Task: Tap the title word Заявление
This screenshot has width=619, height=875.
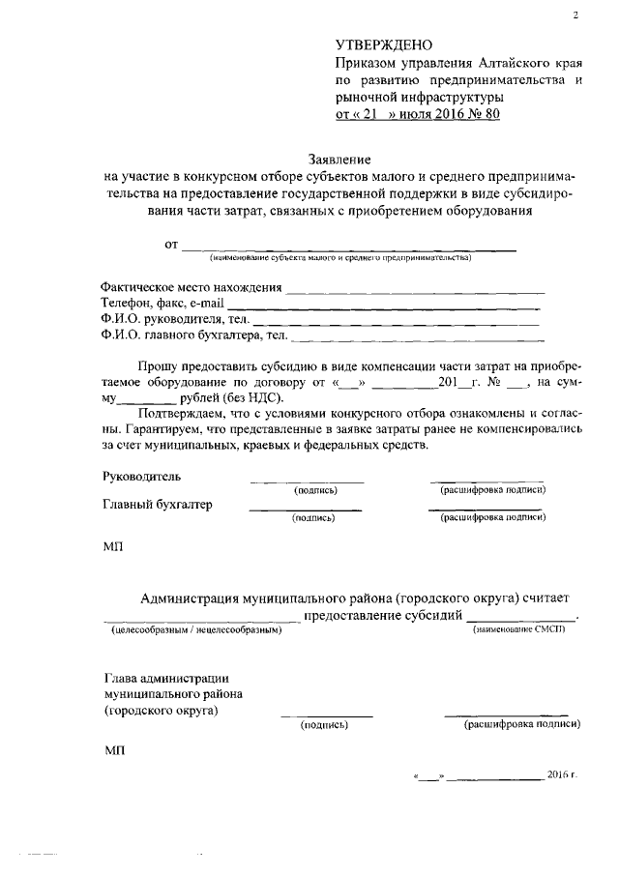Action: (339, 159)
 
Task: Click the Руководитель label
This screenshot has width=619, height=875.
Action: (141, 477)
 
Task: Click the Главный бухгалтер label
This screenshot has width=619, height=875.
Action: (157, 505)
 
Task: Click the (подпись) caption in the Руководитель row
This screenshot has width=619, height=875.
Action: (314, 491)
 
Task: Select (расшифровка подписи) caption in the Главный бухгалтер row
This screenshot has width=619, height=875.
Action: (493, 518)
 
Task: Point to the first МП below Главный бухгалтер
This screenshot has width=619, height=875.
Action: (113, 547)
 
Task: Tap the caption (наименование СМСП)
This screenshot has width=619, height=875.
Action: (517, 630)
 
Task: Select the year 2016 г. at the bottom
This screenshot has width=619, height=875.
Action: (561, 775)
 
